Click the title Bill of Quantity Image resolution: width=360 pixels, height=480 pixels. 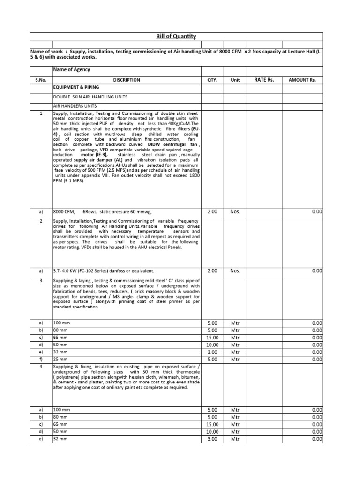[x=176, y=37]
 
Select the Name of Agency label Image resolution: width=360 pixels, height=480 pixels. [x=72, y=70]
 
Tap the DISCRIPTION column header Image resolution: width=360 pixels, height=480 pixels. [x=127, y=80]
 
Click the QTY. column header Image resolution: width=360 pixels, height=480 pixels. [x=212, y=80]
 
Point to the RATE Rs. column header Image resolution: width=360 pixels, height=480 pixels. [x=264, y=80]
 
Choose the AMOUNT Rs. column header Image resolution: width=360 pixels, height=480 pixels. [x=302, y=80]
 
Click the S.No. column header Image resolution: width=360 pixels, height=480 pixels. [x=41, y=80]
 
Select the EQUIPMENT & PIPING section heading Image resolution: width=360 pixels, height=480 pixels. [x=76, y=88]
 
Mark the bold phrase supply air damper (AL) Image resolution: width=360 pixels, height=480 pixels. [x=105, y=160]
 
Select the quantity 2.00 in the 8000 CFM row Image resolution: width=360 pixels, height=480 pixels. [x=212, y=212]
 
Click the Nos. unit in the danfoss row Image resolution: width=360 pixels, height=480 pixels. [x=235, y=270]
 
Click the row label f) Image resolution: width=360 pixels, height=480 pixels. [x=41, y=360]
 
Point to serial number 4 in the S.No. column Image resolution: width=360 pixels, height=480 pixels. [x=41, y=366]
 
